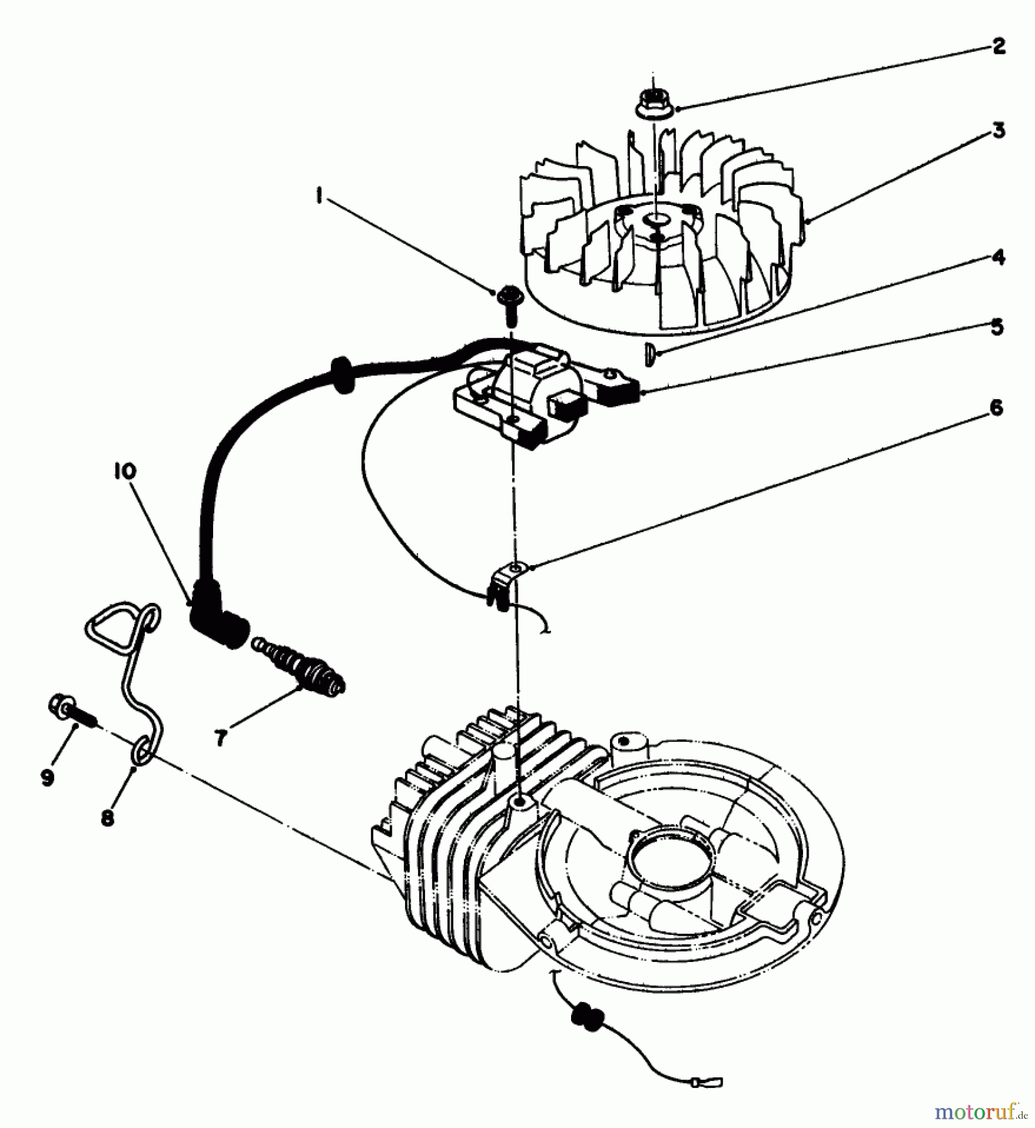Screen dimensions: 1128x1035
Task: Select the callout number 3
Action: (999, 131)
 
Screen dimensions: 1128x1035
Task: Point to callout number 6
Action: (997, 409)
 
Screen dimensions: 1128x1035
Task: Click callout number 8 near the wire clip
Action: (107, 818)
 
